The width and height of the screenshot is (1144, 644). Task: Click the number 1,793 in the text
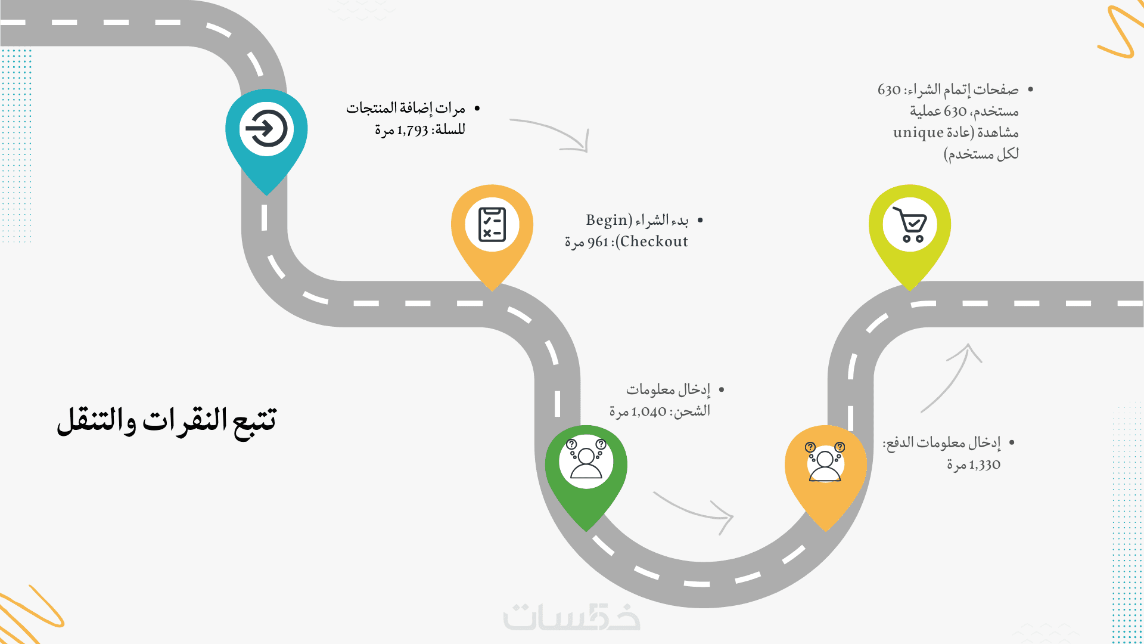(412, 130)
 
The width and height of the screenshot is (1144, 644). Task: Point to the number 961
(598, 242)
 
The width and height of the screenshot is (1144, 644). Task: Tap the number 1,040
(649, 411)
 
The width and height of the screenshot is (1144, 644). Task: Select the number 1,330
(984, 465)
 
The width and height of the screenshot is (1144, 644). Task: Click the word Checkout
(654, 241)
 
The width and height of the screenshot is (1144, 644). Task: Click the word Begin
(607, 221)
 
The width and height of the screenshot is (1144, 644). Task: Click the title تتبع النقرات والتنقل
(167, 422)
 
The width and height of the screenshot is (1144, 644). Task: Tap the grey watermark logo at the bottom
(572, 617)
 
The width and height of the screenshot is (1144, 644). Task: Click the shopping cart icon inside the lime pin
(910, 224)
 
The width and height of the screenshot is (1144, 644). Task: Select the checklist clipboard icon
(492, 224)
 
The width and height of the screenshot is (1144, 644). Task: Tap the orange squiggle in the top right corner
(1121, 31)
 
